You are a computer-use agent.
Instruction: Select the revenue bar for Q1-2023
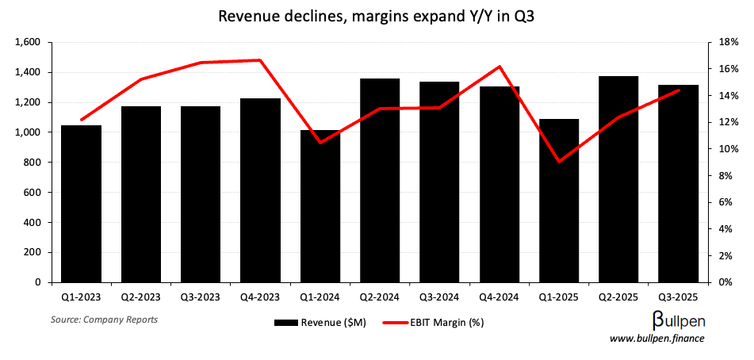pyautogui.click(x=81, y=204)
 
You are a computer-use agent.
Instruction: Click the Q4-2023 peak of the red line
pyautogui.click(x=260, y=60)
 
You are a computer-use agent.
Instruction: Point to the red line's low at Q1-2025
pyautogui.click(x=559, y=162)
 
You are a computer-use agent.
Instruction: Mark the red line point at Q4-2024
pyautogui.click(x=499, y=67)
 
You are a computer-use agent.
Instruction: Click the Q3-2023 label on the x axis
pyautogui.click(x=201, y=297)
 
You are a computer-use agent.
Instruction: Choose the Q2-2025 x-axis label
pyautogui.click(x=618, y=297)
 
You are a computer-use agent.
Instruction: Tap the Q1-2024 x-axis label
pyautogui.click(x=320, y=297)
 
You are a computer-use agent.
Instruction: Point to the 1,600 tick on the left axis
pyautogui.click(x=29, y=42)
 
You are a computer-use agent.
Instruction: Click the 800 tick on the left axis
pyautogui.click(x=35, y=163)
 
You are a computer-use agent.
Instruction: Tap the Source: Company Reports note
pyautogui.click(x=104, y=320)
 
